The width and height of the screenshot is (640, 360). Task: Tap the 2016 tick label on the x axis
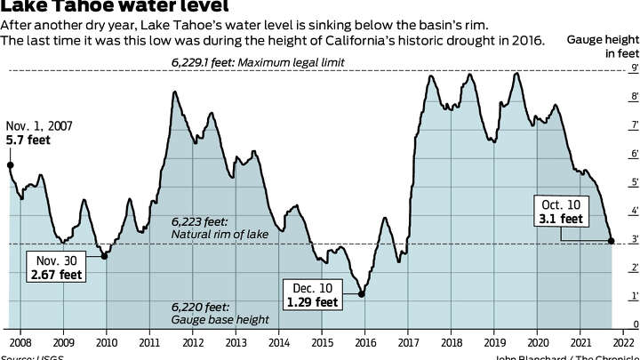[364, 340]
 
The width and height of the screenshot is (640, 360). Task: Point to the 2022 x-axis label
[623, 340]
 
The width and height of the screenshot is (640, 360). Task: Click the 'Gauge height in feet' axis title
[603, 47]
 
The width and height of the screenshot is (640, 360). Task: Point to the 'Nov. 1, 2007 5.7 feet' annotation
[35, 133]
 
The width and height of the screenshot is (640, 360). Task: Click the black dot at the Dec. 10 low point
[362, 293]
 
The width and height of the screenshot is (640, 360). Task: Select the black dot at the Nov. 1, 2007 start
[10, 164]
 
